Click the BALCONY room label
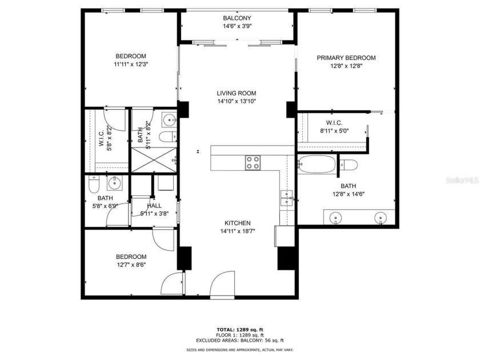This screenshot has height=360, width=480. [237, 18]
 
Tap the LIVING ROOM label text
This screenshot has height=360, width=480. [237, 93]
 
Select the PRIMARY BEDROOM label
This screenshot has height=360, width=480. [346, 58]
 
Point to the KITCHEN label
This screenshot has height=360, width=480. [237, 223]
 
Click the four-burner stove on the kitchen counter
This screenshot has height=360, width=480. [253, 163]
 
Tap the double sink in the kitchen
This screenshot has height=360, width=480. [287, 198]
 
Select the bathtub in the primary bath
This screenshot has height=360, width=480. [317, 164]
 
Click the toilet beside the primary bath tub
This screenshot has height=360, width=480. [349, 165]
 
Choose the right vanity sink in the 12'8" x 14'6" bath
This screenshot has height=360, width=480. [380, 218]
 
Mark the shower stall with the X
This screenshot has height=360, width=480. [153, 159]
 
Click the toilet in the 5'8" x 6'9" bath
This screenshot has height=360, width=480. [95, 184]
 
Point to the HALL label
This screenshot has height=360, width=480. [154, 206]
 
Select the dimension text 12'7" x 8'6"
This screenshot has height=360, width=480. [131, 265]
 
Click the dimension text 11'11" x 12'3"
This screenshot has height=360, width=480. [131, 64]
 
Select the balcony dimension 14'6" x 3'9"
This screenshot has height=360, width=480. [237, 26]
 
